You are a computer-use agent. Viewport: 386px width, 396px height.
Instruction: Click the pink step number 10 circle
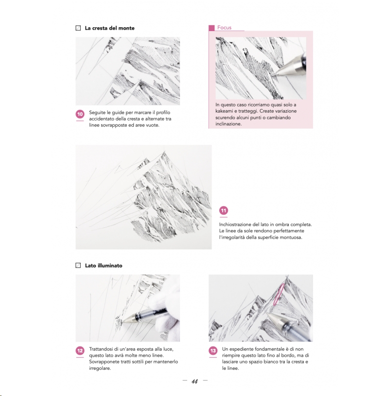tap(80, 114)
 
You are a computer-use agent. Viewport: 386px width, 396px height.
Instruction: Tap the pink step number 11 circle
tap(223, 210)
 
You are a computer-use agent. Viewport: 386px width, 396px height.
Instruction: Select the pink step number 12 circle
tap(80, 350)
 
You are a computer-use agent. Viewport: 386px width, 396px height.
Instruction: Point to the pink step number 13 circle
tap(213, 350)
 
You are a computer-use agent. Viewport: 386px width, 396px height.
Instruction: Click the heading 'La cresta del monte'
tap(110, 28)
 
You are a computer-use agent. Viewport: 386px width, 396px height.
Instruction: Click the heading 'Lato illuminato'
tap(104, 265)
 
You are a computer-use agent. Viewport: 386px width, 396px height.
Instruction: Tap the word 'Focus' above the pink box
tap(224, 28)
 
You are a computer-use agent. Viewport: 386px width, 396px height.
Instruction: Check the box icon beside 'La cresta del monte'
tap(78, 28)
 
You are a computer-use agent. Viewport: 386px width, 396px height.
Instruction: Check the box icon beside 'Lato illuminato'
tap(78, 265)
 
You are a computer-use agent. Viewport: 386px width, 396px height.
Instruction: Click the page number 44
tap(194, 381)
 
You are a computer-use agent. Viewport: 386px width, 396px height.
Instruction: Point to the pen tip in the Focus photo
tap(273, 74)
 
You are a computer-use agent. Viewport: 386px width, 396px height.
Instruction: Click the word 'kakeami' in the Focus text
tap(224, 111)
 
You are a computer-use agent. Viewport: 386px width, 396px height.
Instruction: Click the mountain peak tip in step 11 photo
tap(164, 152)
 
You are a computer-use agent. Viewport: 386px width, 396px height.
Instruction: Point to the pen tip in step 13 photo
tap(267, 314)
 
